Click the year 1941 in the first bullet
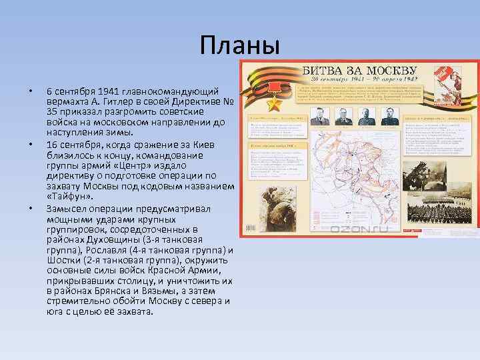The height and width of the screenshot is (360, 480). (109, 91)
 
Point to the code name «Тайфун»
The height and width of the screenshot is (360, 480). (70, 197)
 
